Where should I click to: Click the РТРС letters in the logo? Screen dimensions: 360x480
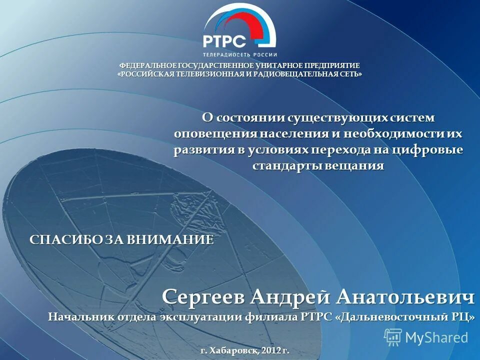pos(224,41)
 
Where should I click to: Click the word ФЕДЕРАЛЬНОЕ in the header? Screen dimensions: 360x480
pos(141,66)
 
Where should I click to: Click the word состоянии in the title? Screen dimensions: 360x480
pos(249,117)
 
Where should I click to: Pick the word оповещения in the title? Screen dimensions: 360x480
pos(215,134)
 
